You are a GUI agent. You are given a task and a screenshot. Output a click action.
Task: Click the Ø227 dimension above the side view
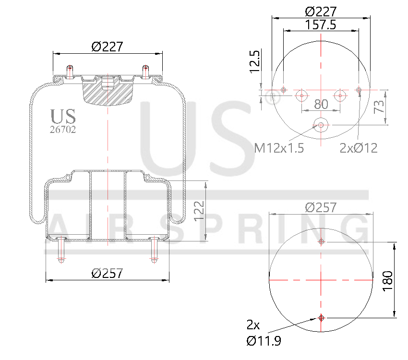tap(107, 47)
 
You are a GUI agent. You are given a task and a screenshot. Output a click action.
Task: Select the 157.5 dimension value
tap(320, 25)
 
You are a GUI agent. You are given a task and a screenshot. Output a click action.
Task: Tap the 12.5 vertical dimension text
tap(255, 61)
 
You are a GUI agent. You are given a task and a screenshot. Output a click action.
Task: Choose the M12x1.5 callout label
tap(279, 148)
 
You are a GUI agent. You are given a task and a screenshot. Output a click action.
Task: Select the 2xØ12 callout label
tap(359, 148)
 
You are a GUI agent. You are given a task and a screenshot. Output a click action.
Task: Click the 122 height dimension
tap(199, 211)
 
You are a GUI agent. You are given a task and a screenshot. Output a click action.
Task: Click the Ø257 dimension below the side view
tap(107, 273)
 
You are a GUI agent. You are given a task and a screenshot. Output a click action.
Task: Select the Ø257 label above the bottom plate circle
tap(321, 207)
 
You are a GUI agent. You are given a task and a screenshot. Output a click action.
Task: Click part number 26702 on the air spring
tap(63, 129)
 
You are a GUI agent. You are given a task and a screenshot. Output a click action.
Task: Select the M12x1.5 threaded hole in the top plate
tap(320, 126)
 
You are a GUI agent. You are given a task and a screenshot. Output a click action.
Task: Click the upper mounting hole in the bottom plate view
tap(322, 242)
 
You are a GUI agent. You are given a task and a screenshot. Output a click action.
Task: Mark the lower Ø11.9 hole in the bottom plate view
tap(321, 318)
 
